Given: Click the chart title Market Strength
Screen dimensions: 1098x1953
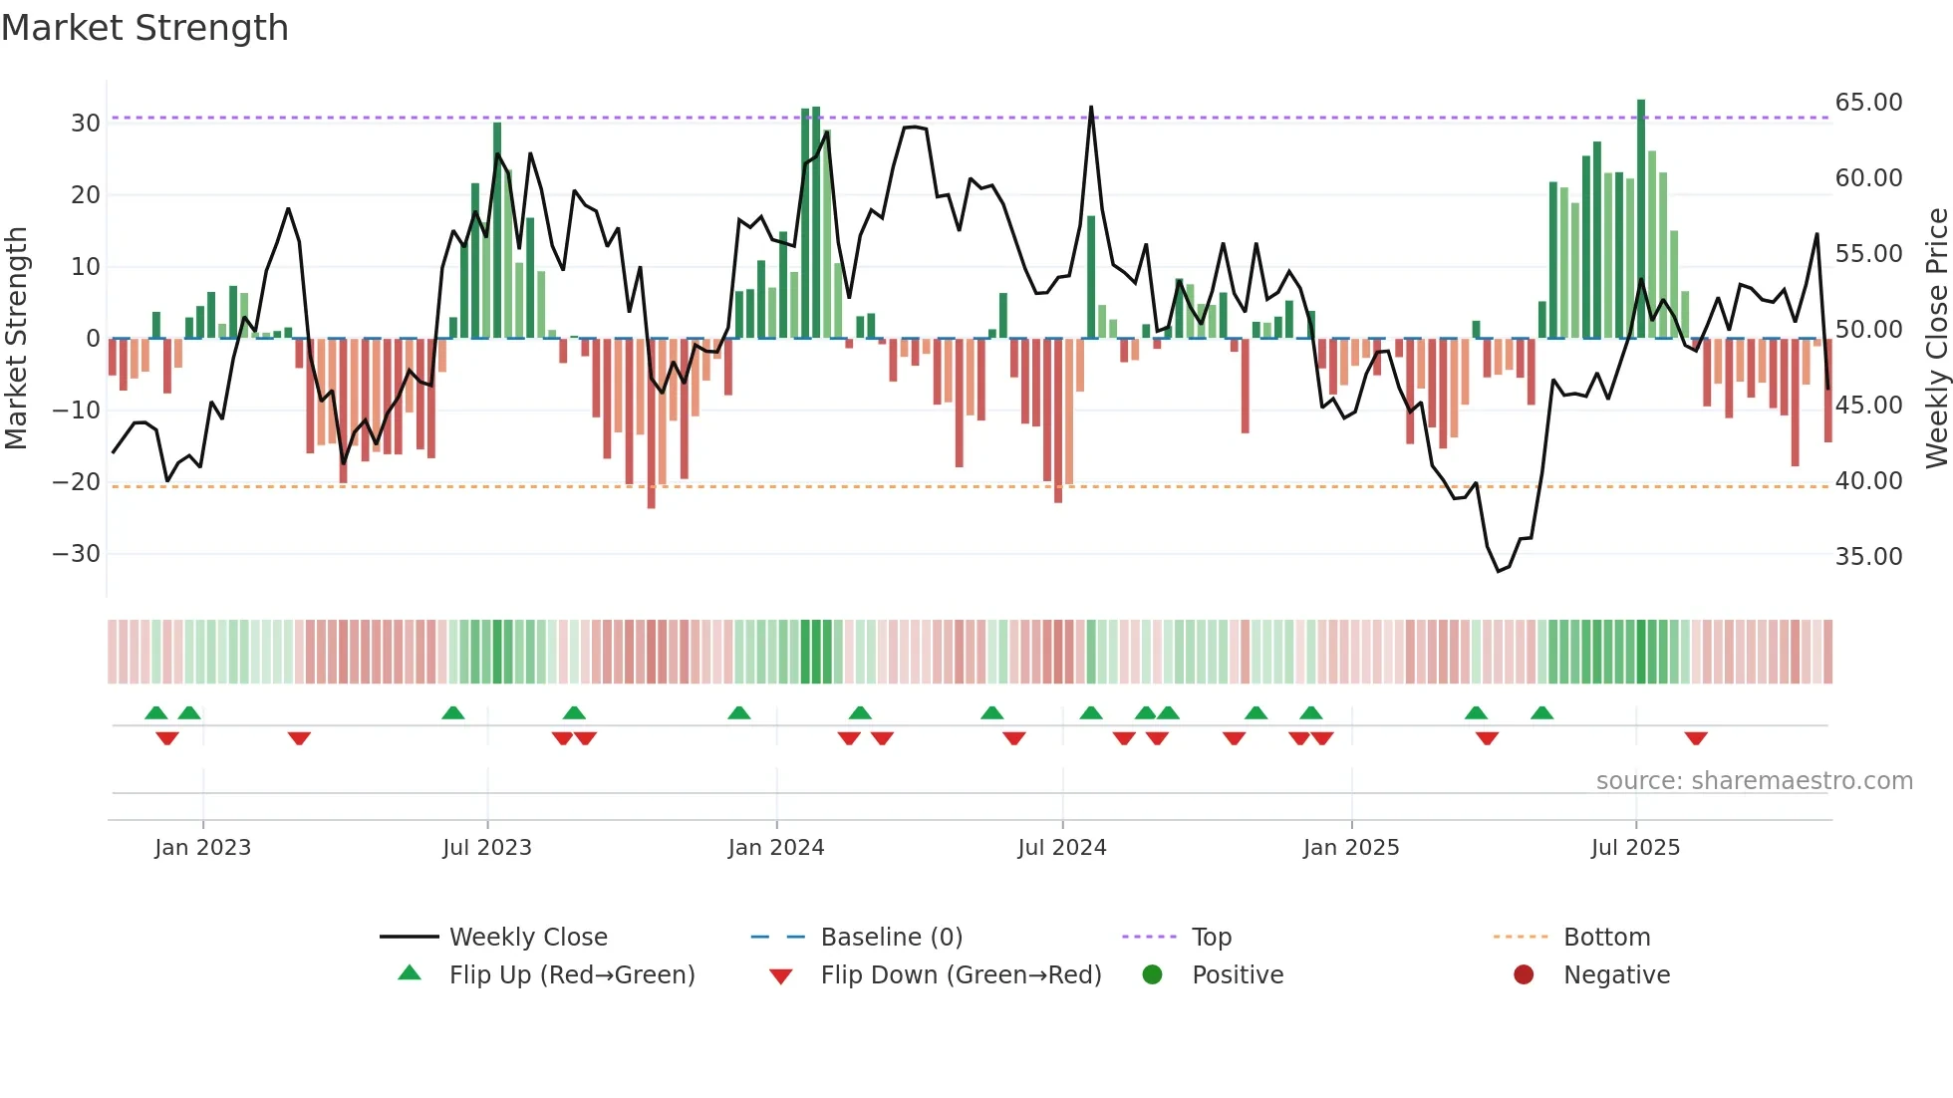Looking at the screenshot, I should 144,28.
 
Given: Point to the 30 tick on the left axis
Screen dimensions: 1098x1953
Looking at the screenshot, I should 85,124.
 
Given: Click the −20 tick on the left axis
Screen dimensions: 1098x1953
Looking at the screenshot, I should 77,482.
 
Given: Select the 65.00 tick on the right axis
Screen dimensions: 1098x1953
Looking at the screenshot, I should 1868,103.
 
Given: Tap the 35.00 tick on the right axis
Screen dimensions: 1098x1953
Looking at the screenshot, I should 1868,557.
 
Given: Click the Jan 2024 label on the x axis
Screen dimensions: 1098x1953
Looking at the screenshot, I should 776,848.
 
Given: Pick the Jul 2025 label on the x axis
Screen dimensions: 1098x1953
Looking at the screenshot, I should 1635,848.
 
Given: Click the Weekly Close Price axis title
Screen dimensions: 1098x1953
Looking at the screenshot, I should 1936,339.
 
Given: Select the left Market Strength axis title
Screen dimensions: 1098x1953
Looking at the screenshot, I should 17,339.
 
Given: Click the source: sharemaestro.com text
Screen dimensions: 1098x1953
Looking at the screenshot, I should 1754,781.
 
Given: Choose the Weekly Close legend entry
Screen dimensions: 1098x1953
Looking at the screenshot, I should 527,938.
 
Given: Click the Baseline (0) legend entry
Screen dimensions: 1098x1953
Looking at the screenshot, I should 891,938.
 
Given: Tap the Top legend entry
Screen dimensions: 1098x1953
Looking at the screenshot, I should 1211,938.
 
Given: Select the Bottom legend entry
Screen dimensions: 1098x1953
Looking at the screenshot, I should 1606,938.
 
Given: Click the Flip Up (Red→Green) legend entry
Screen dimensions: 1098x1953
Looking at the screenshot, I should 571,975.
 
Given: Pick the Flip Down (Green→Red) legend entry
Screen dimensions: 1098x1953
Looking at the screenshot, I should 961,975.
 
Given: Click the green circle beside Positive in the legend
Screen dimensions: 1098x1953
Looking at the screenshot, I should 1153,975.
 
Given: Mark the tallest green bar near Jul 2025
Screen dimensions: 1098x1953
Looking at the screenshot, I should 1641,219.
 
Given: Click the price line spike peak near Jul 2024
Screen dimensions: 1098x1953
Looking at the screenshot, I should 1091,108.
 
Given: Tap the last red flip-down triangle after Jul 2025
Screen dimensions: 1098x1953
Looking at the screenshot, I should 1696,738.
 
